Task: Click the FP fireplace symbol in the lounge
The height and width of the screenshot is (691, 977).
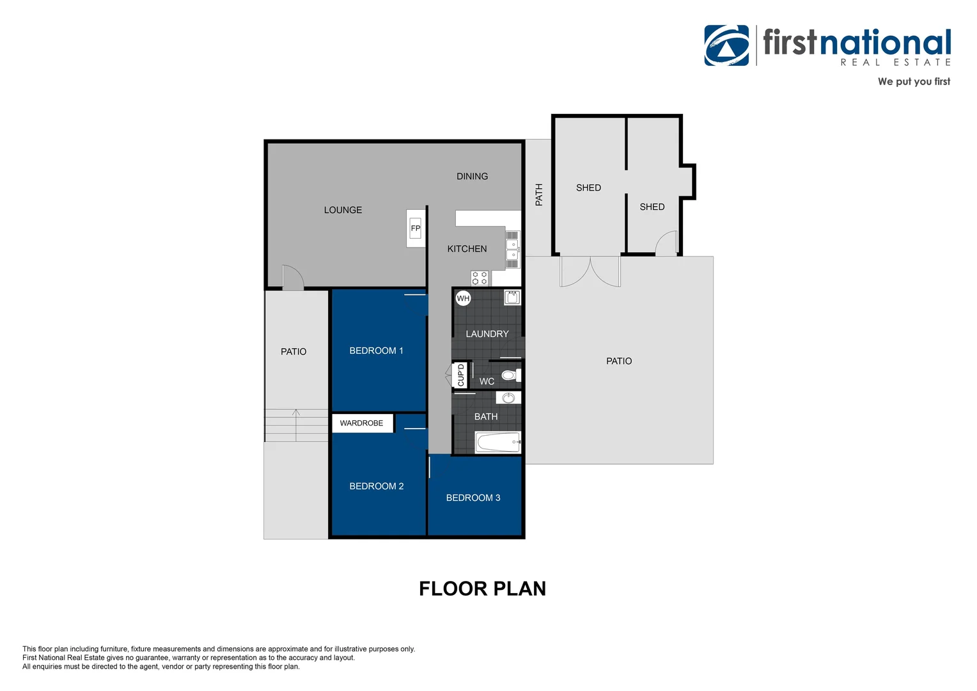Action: click(x=416, y=228)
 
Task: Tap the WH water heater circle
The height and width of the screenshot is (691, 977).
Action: click(x=463, y=298)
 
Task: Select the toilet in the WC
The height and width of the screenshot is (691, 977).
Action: click(x=510, y=375)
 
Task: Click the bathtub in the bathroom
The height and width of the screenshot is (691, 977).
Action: click(x=498, y=442)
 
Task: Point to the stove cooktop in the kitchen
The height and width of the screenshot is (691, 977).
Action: click(x=480, y=278)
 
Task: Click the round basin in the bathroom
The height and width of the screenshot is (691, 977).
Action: click(x=508, y=398)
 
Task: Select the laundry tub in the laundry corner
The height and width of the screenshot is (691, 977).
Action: click(x=512, y=297)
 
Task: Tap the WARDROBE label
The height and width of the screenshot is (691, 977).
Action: click(x=361, y=423)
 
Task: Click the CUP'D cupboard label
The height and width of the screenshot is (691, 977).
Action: click(x=461, y=375)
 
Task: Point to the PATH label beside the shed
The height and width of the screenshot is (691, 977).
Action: click(x=539, y=195)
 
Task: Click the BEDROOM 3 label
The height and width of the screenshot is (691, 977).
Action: click(x=473, y=498)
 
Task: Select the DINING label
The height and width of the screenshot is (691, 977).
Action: click(x=472, y=177)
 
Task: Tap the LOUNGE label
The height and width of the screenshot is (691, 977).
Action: click(x=343, y=210)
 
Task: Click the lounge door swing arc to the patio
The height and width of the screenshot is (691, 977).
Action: click(x=295, y=276)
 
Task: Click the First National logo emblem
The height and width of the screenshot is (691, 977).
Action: click(x=726, y=45)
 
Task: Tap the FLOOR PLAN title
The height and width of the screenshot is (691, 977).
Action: click(x=482, y=589)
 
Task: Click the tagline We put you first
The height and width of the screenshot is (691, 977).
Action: click(x=914, y=81)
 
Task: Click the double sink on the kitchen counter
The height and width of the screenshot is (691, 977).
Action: click(x=512, y=250)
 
